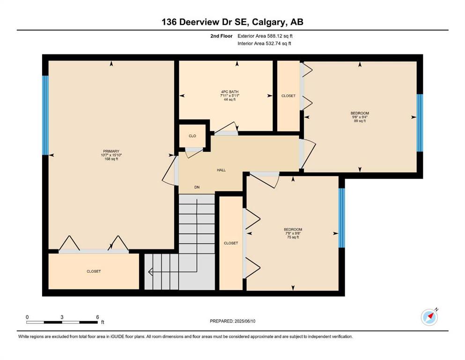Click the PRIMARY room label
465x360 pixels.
click(x=111, y=151)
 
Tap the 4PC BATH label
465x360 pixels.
click(x=229, y=92)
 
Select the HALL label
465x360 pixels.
click(x=221, y=170)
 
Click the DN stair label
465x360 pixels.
click(x=197, y=187)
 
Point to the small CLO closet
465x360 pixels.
click(x=192, y=136)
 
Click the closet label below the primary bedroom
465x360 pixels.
click(x=94, y=271)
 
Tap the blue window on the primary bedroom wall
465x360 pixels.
click(x=45, y=115)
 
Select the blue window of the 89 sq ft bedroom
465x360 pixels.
click(x=420, y=123)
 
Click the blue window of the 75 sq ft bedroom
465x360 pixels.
click(x=342, y=218)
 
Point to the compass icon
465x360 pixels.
click(x=429, y=317)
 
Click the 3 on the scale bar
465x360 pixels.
click(x=62, y=317)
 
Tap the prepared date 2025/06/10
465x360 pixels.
click(x=245, y=321)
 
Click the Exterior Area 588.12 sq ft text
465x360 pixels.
click(x=265, y=36)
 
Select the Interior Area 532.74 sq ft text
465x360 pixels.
click(x=264, y=43)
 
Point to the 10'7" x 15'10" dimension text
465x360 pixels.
click(x=111, y=155)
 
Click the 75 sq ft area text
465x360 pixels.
click(x=293, y=237)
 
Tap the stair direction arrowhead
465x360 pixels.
click(x=150, y=271)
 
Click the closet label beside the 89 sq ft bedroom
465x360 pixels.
click(x=288, y=96)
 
